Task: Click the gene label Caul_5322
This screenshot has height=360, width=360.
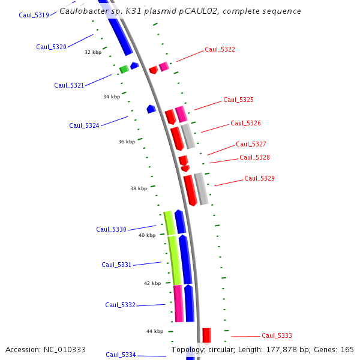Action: pyautogui.click(x=220, y=49)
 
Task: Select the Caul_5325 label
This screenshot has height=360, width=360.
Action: pyautogui.click(x=238, y=100)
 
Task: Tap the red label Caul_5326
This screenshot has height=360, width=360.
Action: pyautogui.click(x=245, y=123)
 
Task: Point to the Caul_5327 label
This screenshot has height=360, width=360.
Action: pyautogui.click(x=251, y=144)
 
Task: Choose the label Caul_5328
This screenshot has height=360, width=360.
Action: pyautogui.click(x=254, y=157)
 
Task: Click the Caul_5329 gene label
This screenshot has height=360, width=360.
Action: pyautogui.click(x=259, y=178)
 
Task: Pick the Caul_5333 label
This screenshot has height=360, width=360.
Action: pyautogui.click(x=277, y=335)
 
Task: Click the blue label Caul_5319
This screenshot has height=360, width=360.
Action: pyautogui.click(x=34, y=15)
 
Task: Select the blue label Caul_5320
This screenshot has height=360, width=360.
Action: pyautogui.click(x=51, y=47)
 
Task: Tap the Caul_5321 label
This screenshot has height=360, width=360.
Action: pyautogui.click(x=69, y=85)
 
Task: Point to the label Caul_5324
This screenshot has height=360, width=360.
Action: pyautogui.click(x=84, y=125)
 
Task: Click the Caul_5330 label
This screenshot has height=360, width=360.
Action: pyautogui.click(x=111, y=229)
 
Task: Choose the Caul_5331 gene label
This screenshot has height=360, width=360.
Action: pyautogui.click(x=116, y=265)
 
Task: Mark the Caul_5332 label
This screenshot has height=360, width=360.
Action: pyautogui.click(x=120, y=305)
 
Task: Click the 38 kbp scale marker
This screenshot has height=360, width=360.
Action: pyautogui.click(x=139, y=188)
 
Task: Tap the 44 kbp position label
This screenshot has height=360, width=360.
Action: pyautogui.click(x=155, y=331)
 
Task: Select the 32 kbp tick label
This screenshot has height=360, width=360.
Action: pyautogui.click(x=93, y=52)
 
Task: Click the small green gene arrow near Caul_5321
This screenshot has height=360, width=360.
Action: pyautogui.click(x=124, y=70)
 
